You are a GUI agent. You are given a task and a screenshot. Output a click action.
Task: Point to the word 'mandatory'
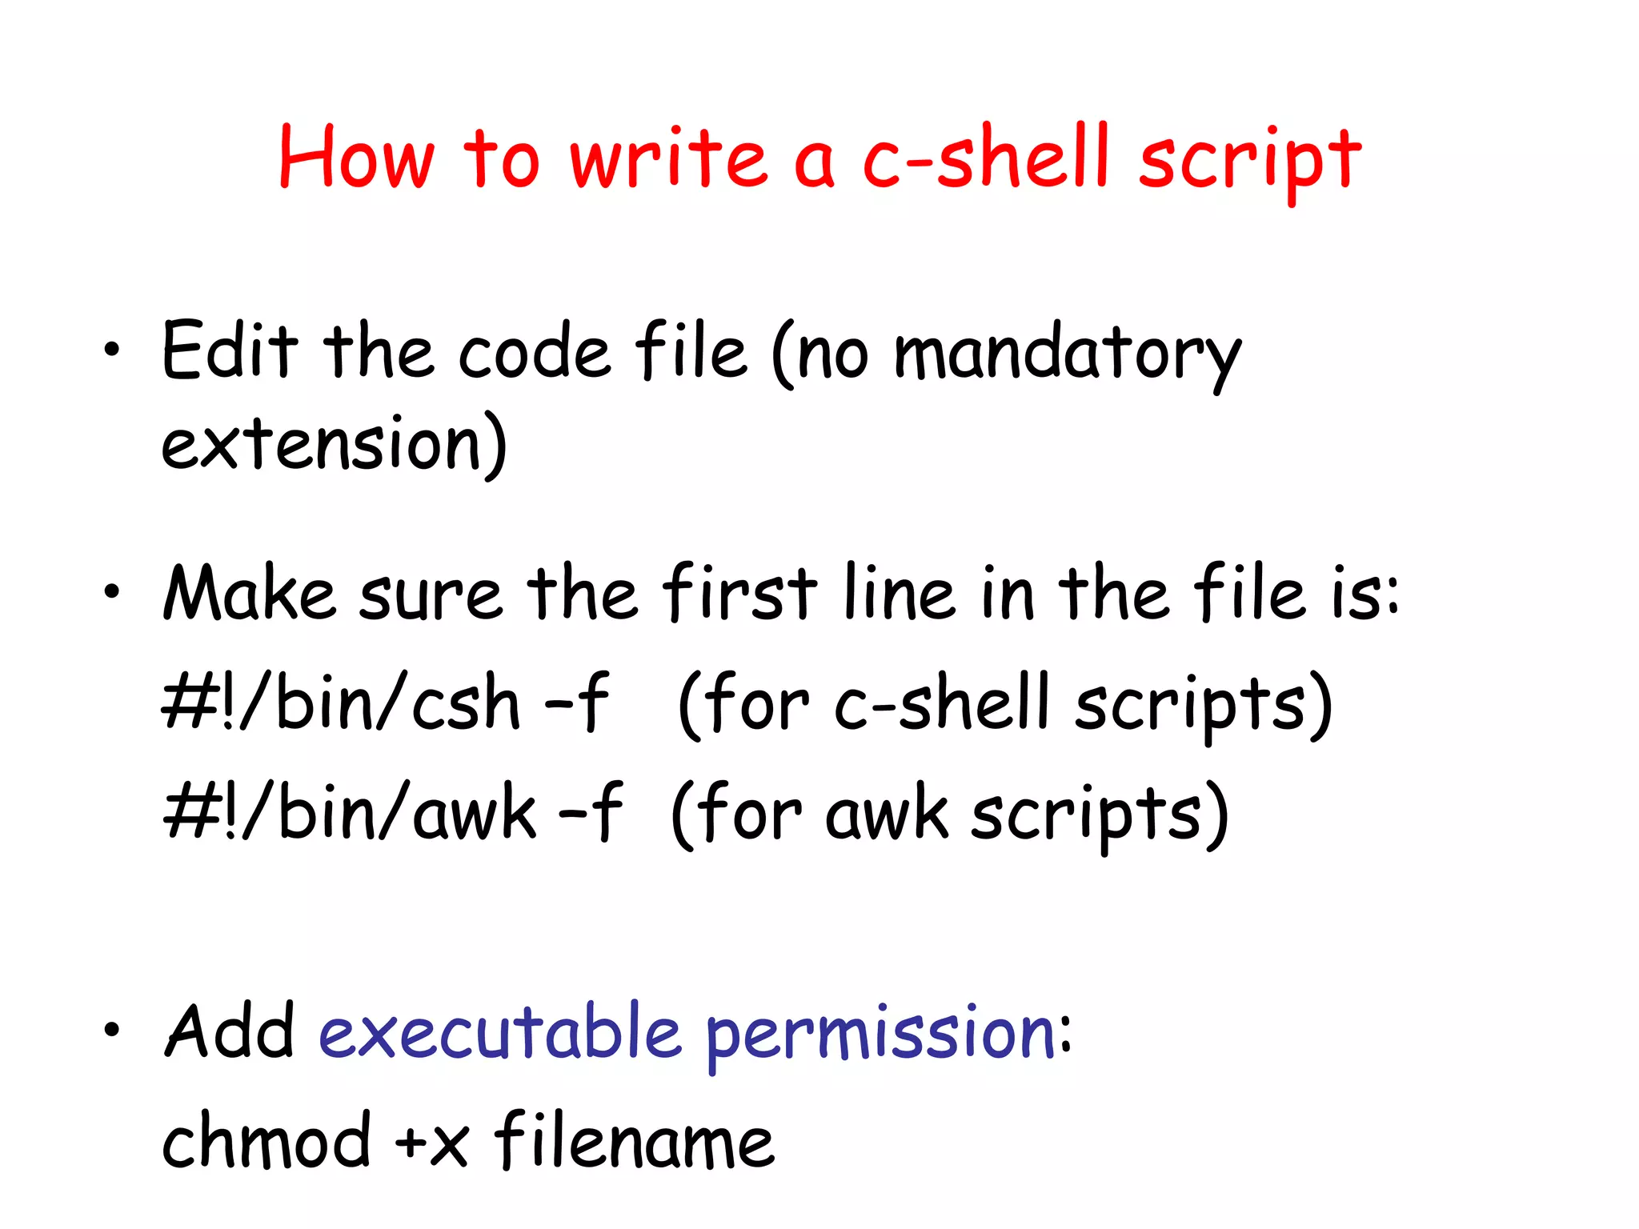[1067, 355]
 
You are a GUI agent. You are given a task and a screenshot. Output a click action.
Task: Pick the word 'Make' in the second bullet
[249, 594]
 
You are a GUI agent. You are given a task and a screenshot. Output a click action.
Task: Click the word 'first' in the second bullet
[740, 594]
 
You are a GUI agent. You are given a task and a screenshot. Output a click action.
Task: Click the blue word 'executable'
[500, 1032]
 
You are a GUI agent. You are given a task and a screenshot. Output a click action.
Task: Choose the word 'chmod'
[266, 1141]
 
